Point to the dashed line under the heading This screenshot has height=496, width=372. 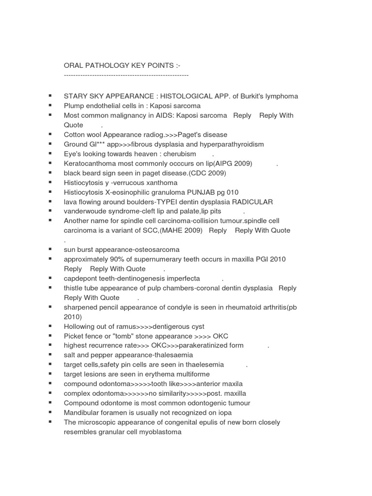[126, 76]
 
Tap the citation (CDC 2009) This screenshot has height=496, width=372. [205, 173]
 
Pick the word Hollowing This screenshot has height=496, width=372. [80, 326]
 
